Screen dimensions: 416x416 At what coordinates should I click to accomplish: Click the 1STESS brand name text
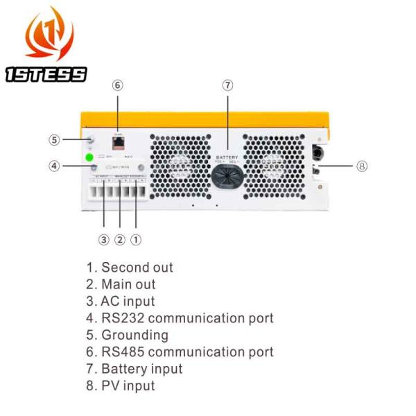click(x=46, y=74)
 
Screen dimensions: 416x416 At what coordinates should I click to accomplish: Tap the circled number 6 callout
click(x=117, y=85)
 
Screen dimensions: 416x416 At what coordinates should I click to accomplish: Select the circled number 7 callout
click(x=227, y=85)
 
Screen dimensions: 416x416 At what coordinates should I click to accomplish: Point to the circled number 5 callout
click(x=54, y=139)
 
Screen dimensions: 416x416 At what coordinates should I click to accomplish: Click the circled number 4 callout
click(x=54, y=166)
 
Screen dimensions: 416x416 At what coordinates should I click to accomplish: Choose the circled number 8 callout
click(x=361, y=166)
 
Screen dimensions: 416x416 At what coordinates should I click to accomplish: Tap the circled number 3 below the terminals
click(x=103, y=240)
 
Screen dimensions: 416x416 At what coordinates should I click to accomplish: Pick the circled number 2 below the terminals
click(x=119, y=240)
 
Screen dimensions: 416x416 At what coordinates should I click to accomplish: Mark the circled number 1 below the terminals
click(x=136, y=240)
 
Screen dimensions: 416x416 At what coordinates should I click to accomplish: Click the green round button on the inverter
click(x=89, y=157)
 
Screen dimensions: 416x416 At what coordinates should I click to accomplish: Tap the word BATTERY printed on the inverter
click(x=227, y=157)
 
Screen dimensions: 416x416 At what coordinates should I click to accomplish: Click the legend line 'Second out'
click(x=130, y=268)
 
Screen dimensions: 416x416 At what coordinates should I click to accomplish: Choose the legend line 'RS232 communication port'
click(x=180, y=318)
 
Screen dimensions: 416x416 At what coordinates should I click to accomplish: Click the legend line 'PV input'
click(x=121, y=385)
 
